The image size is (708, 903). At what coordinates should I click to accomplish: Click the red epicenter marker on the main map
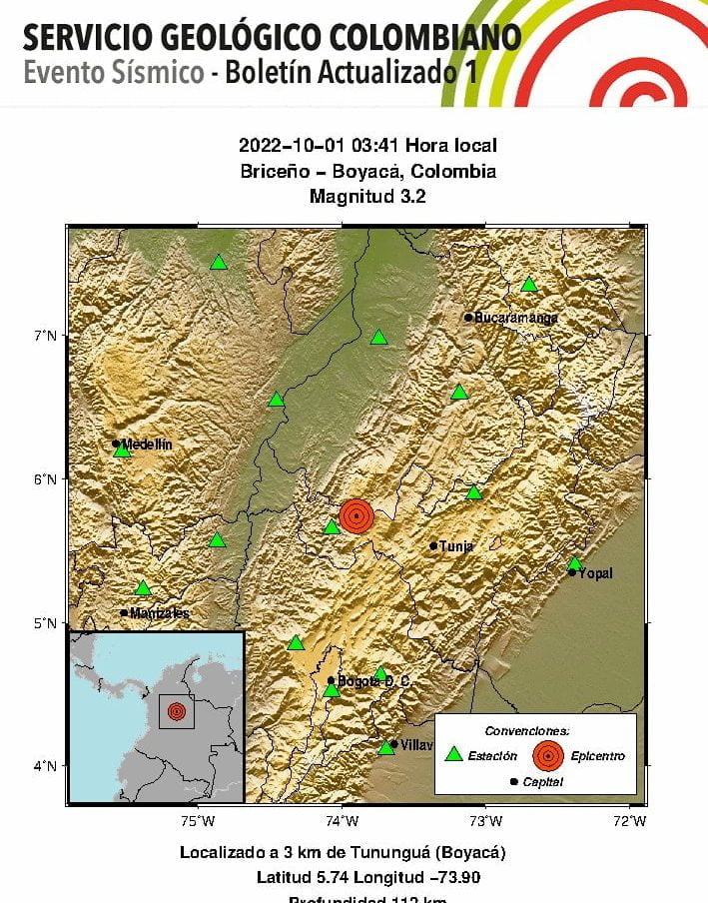point(356,515)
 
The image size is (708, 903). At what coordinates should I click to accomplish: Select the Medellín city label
point(148,444)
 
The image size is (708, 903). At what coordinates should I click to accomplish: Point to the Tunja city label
point(456,546)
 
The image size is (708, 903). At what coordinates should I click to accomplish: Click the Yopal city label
point(596,573)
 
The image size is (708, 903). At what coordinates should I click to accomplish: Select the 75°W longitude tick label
point(198,821)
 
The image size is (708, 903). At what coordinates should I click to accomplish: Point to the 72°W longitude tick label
point(630,821)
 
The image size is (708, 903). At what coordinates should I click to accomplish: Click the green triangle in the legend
point(454,755)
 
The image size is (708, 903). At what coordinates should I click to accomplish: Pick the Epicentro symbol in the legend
point(546,755)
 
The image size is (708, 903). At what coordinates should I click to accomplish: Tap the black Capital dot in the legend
point(514,781)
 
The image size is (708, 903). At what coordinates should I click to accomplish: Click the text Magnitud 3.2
point(367,197)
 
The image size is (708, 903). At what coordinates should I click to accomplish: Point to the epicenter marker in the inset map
point(177,711)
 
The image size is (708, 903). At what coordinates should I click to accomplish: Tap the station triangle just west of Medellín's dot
point(122,451)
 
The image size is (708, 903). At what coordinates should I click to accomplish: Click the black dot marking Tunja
point(433,546)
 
